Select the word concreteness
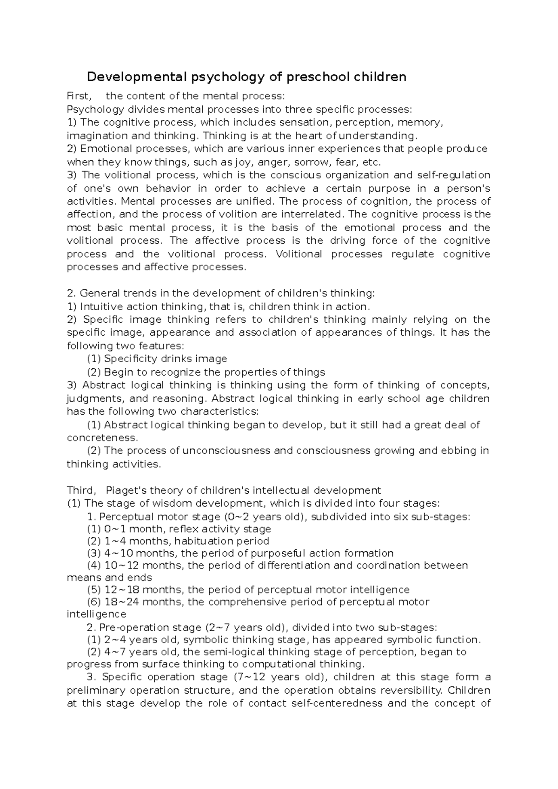click(101, 438)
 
